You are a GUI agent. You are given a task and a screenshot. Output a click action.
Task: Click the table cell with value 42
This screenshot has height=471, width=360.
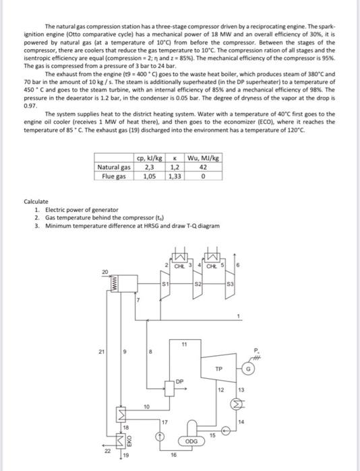tap(203, 167)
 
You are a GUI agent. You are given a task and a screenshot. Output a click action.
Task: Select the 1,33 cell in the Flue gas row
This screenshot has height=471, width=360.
tap(174, 176)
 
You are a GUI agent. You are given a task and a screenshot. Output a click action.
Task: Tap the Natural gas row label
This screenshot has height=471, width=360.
tap(114, 167)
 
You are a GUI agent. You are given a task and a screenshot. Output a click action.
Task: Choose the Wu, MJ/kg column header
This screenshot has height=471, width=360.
tap(203, 158)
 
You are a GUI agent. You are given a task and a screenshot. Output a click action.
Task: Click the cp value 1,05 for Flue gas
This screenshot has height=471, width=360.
tap(148, 176)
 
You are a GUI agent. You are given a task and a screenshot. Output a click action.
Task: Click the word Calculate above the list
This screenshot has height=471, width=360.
tap(36, 201)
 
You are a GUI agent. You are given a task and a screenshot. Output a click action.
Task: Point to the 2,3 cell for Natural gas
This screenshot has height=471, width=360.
tap(148, 167)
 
